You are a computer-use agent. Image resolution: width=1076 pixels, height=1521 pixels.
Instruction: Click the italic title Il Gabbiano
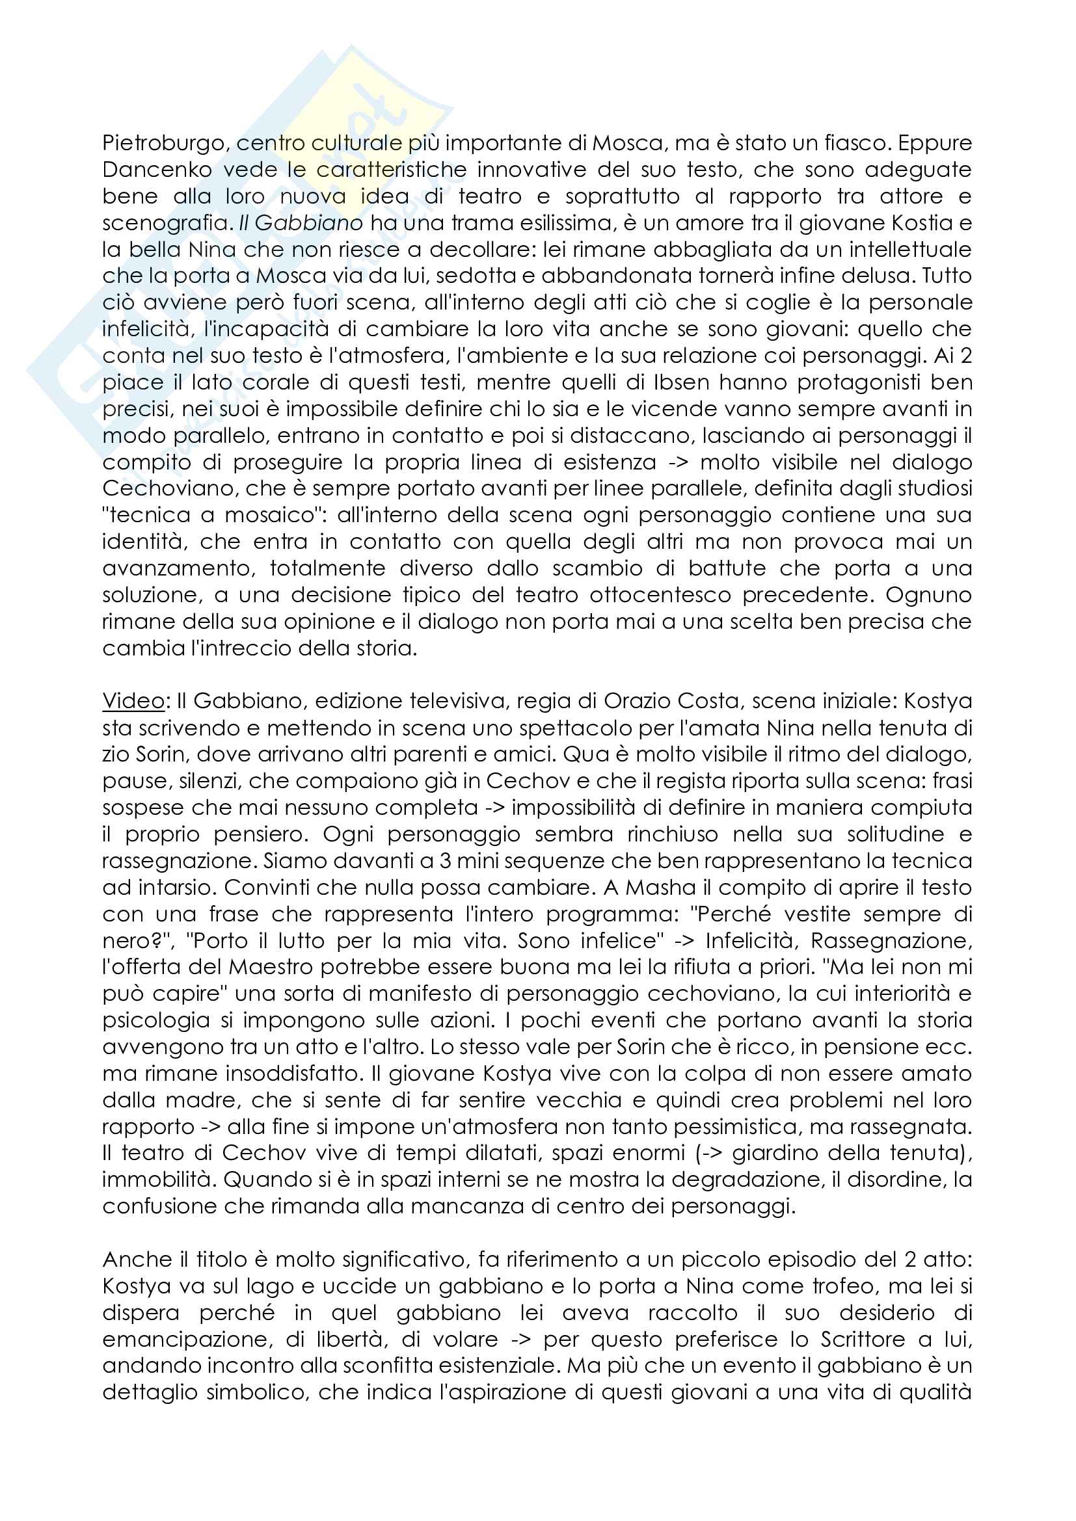point(301,223)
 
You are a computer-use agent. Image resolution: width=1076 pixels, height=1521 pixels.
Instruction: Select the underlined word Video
point(133,701)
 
